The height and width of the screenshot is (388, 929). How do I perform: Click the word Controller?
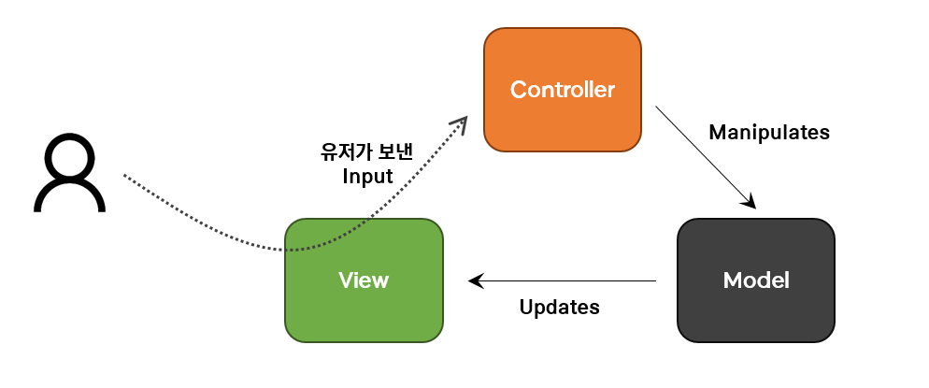[562, 91]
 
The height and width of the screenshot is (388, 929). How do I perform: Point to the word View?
[364, 280]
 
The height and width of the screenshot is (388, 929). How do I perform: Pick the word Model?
[755, 280]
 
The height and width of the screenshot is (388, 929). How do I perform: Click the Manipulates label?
[768, 132]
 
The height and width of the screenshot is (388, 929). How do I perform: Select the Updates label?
[559, 307]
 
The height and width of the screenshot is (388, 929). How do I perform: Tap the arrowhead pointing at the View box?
[475, 280]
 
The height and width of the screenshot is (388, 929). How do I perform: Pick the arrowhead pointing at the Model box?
[749, 201]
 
